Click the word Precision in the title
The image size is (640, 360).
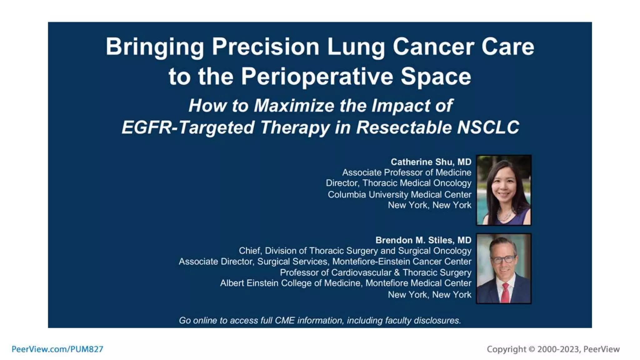click(265, 47)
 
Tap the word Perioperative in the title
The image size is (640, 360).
click(317, 77)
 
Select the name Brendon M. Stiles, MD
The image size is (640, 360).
click(423, 240)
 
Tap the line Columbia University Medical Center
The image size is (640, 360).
click(399, 194)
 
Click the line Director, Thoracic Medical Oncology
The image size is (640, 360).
click(398, 183)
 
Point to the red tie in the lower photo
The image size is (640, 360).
click(505, 292)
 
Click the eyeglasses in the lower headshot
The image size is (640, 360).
click(503, 259)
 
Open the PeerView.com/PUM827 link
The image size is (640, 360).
click(57, 349)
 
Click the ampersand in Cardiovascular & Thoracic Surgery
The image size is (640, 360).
click(397, 272)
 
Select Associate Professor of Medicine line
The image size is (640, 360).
click(406, 172)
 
